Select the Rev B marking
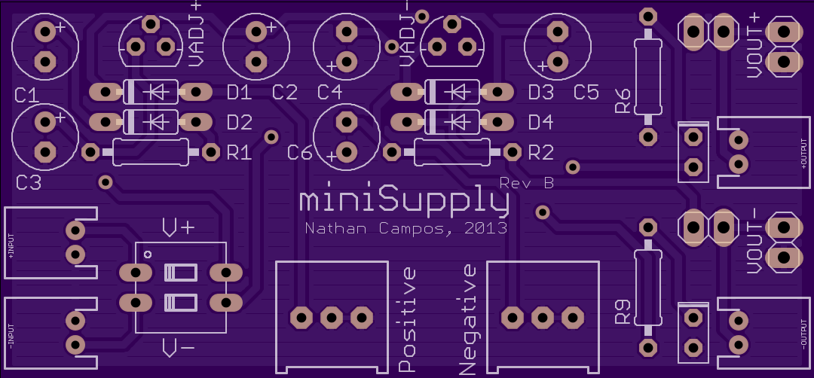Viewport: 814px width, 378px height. pyautogui.click(x=526, y=183)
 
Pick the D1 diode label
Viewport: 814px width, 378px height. pyautogui.click(x=240, y=93)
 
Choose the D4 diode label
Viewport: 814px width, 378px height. pyautogui.click(x=540, y=123)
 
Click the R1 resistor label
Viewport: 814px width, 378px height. pyautogui.click(x=240, y=153)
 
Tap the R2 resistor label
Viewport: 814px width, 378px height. pyautogui.click(x=540, y=153)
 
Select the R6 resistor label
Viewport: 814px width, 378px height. pyautogui.click(x=623, y=101)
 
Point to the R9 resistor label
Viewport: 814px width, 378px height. pyautogui.click(x=623, y=312)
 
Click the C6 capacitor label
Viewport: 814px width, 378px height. pyautogui.click(x=299, y=153)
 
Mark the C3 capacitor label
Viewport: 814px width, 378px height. pyautogui.click(x=28, y=182)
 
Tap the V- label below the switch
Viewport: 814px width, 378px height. pyautogui.click(x=178, y=349)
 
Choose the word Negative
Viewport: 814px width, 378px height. pyautogui.click(x=468, y=319)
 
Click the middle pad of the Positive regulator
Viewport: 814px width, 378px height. pyautogui.click(x=331, y=317)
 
